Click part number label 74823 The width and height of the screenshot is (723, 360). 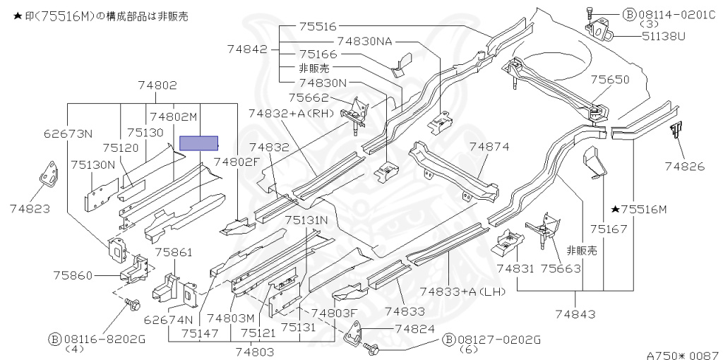coord(30,209)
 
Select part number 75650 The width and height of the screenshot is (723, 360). coord(610,80)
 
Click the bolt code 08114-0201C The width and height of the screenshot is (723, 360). coord(677,15)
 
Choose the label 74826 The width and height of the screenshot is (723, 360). coord(685,166)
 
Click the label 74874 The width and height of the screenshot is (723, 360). coord(489,147)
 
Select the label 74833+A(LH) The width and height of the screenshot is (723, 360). coord(463,292)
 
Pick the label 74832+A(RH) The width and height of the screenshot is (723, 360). coord(291,114)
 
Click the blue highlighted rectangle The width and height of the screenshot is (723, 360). coord(198,143)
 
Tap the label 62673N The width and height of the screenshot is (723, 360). coord(68,133)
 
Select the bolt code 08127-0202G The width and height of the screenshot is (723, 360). coord(499,340)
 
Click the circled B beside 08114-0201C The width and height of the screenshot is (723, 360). coord(629,15)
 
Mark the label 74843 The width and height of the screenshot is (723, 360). coord(575,314)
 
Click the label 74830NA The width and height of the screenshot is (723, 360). coord(364,42)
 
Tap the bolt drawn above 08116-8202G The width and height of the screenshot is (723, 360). coord(132,304)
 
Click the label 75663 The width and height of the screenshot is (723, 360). coord(561,268)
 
